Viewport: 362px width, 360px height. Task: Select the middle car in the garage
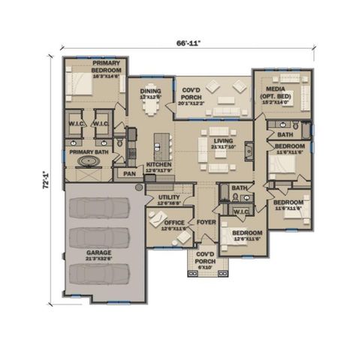(x=98, y=238)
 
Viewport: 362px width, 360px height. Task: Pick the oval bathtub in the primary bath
(x=90, y=161)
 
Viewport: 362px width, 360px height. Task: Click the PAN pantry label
(x=129, y=173)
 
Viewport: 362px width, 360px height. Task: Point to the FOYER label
(x=207, y=223)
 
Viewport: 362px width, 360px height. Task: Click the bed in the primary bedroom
(x=81, y=85)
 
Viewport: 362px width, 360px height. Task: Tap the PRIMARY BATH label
(x=89, y=151)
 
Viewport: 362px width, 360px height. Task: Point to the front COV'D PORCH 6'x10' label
(x=200, y=260)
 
